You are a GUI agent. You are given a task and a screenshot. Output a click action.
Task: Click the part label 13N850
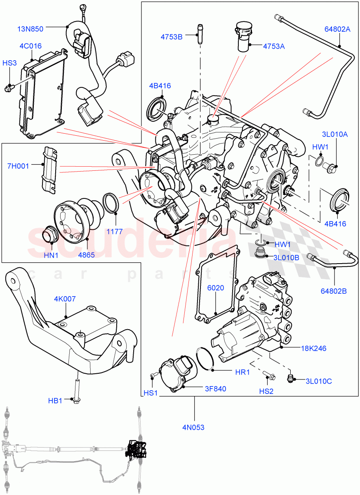click(30, 29)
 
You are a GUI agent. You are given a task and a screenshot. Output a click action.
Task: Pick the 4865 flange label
click(86, 255)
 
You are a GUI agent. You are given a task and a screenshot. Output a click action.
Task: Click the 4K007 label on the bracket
click(65, 299)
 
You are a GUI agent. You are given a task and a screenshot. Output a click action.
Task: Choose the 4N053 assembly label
click(194, 427)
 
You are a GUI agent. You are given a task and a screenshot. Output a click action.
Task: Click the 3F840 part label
click(216, 388)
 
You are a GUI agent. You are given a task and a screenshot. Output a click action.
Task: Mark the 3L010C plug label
click(318, 381)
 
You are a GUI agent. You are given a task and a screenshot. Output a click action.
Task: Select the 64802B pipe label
click(334, 291)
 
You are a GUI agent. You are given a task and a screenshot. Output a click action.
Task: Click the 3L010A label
click(335, 134)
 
